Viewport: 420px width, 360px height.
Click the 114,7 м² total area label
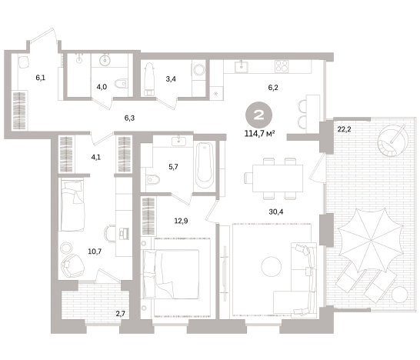pos(260,133)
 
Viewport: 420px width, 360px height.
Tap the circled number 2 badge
pos(258,115)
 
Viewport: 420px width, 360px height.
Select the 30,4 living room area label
pos(276,212)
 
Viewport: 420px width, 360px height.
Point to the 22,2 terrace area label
pos(344,130)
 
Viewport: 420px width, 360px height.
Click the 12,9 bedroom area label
pos(181,221)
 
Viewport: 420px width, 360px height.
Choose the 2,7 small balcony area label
pos(121,313)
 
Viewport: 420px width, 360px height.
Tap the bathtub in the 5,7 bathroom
pos(205,165)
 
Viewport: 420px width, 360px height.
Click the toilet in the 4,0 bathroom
pos(120,84)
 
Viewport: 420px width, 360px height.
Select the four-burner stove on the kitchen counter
pos(282,65)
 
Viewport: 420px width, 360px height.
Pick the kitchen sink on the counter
pos(242,66)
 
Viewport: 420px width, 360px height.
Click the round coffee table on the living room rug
pos(271,267)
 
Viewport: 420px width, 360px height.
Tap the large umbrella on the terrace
pos(371,238)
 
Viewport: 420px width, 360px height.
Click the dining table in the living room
pos(278,178)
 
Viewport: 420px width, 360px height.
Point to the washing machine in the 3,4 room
pos(198,71)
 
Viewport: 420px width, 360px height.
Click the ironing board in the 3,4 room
pos(149,79)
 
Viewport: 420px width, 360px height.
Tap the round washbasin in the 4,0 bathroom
pos(105,59)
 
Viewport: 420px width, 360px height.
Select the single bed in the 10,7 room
pos(72,205)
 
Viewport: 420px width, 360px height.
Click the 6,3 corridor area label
pos(129,118)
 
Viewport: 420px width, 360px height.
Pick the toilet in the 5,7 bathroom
pos(153,179)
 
